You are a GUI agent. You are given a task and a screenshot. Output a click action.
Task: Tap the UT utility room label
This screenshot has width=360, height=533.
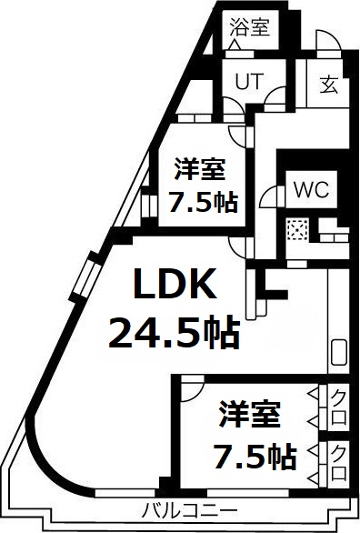[249, 80]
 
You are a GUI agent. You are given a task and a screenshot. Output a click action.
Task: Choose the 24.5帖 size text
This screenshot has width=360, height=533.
[175, 334]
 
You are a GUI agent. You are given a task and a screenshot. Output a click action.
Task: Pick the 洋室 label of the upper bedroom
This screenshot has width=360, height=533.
[200, 168]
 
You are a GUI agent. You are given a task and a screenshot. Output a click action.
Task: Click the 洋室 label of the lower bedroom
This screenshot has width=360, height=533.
[248, 415]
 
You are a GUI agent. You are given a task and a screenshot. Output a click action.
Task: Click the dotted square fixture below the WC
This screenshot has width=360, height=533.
[297, 230]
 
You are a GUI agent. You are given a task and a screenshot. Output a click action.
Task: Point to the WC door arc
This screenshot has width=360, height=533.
[268, 196]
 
